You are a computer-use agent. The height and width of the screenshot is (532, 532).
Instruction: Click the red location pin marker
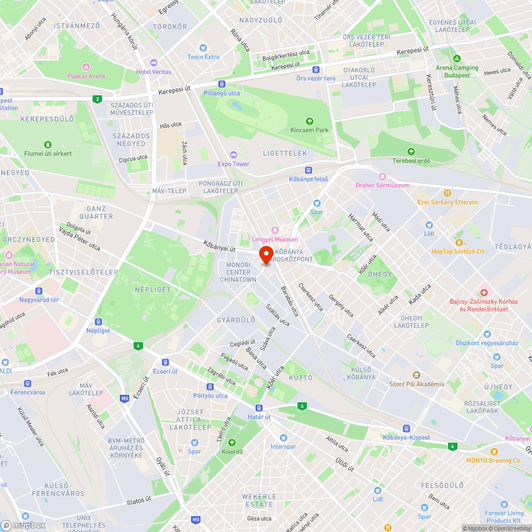click(266, 255)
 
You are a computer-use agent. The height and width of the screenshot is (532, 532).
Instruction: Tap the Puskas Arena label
click(86, 76)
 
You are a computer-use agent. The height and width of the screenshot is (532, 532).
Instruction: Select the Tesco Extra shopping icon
click(203, 48)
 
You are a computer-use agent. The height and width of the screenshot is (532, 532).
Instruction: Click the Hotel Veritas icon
click(154, 63)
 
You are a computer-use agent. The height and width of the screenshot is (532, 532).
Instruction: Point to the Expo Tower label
click(234, 164)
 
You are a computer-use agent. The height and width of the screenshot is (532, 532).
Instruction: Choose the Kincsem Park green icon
click(310, 121)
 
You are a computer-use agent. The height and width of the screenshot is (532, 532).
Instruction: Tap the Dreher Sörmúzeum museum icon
click(382, 177)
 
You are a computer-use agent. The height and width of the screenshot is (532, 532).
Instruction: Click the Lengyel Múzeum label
click(275, 239)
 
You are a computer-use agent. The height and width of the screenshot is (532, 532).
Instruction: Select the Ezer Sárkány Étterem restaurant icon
click(447, 193)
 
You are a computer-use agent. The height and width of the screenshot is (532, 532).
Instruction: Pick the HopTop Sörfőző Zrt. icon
click(458, 242)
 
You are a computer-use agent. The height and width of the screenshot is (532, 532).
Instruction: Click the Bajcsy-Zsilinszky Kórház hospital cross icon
click(484, 293)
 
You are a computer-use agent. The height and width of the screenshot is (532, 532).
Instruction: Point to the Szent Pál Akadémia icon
click(416, 375)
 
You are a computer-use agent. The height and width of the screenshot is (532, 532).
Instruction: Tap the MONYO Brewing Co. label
click(494, 461)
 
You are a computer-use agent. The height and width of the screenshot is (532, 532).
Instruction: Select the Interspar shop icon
click(283, 438)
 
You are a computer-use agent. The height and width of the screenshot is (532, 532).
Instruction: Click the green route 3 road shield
click(96, 99)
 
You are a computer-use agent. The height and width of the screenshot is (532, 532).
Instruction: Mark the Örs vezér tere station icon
click(316, 70)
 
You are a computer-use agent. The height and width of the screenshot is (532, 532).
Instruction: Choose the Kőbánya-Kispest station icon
click(406, 428)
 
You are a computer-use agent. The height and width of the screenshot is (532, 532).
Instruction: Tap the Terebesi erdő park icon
click(411, 152)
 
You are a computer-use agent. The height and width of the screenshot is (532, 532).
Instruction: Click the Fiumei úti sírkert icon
click(48, 145)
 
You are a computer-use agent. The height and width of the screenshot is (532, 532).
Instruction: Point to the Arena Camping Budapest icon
click(456, 59)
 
